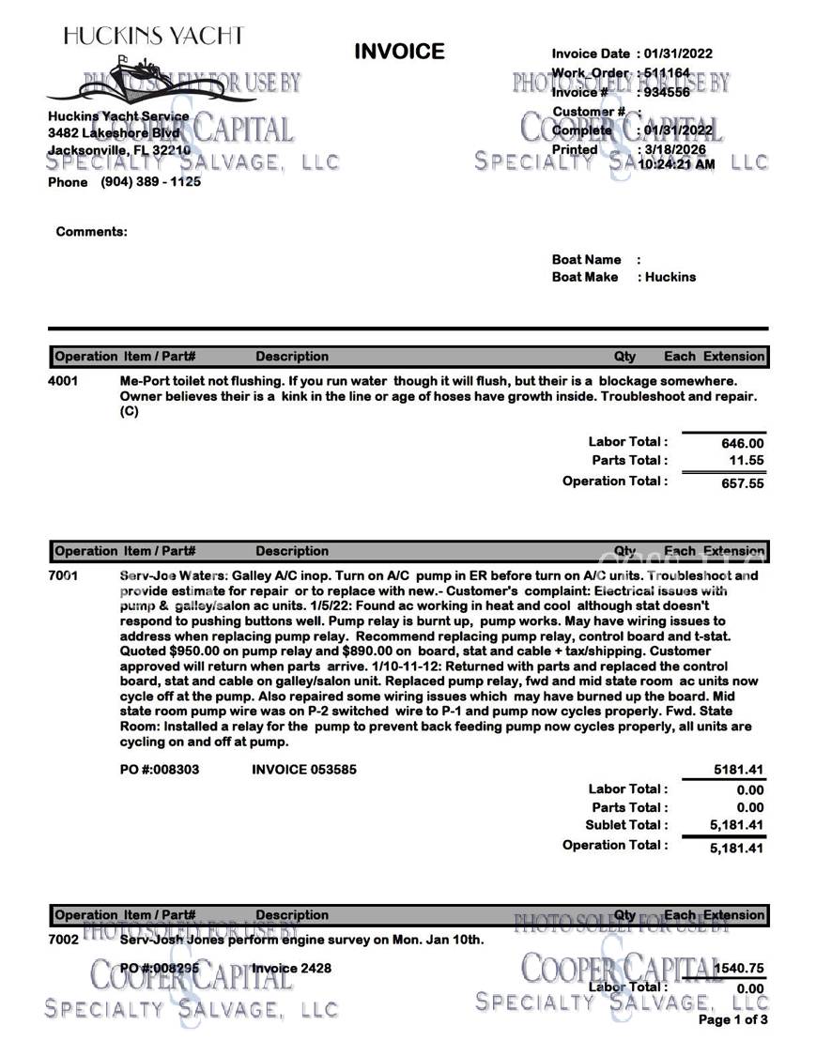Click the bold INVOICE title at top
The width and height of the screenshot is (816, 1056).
tap(399, 52)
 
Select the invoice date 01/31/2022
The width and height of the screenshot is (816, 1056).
tap(678, 54)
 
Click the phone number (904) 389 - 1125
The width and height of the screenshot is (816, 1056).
tap(150, 182)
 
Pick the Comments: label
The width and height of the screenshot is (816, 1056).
tap(91, 231)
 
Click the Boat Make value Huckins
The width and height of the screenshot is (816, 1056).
tap(670, 277)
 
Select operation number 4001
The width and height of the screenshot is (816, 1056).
tap(63, 381)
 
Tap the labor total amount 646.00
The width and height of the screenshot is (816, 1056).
tap(742, 443)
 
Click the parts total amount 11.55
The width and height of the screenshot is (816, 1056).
tap(747, 461)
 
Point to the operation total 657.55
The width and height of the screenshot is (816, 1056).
tap(742, 483)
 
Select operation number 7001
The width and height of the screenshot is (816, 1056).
tap(63, 575)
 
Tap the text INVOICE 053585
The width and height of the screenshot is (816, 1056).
tap(304, 770)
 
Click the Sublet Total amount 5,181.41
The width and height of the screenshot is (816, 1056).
tap(736, 826)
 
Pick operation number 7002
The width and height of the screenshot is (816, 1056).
tap(63, 939)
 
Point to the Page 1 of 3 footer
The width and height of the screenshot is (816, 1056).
tap(732, 1019)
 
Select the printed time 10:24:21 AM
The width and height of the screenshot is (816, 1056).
tap(676, 163)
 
